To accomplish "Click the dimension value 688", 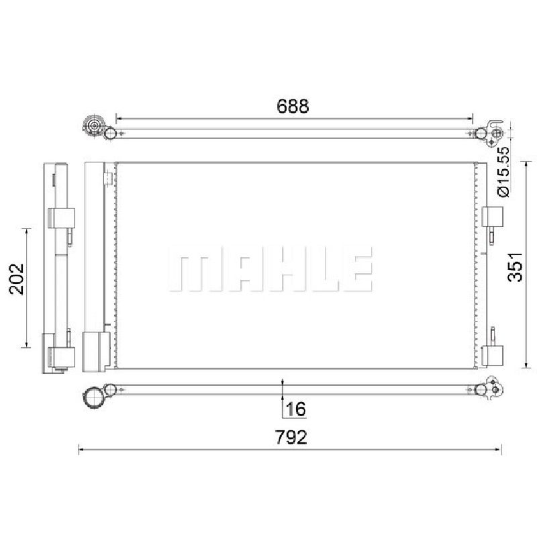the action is (x=293, y=106).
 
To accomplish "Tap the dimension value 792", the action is (x=291, y=437).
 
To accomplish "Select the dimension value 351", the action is (x=515, y=267).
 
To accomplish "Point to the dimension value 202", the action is (x=17, y=279).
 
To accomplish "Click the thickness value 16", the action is (x=295, y=409).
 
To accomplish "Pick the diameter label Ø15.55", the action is (x=503, y=172).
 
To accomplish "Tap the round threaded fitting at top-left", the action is (x=93, y=126).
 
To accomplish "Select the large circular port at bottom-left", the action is (x=93, y=397).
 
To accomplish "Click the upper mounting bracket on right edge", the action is (x=493, y=217).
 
